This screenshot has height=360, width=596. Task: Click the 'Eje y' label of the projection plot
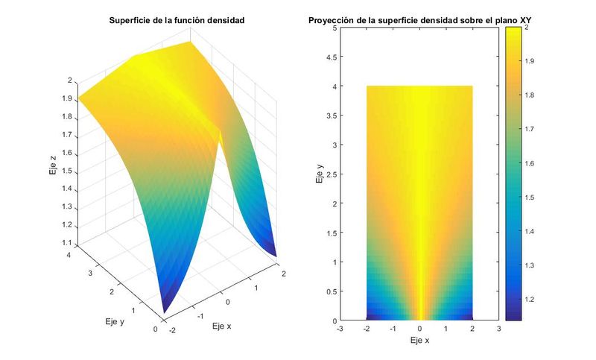318,174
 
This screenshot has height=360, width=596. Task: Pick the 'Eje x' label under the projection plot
419,340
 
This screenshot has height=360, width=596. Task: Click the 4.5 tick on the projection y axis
332,57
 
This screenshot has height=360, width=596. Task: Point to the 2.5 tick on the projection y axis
332,174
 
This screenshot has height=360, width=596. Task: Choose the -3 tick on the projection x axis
340,328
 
